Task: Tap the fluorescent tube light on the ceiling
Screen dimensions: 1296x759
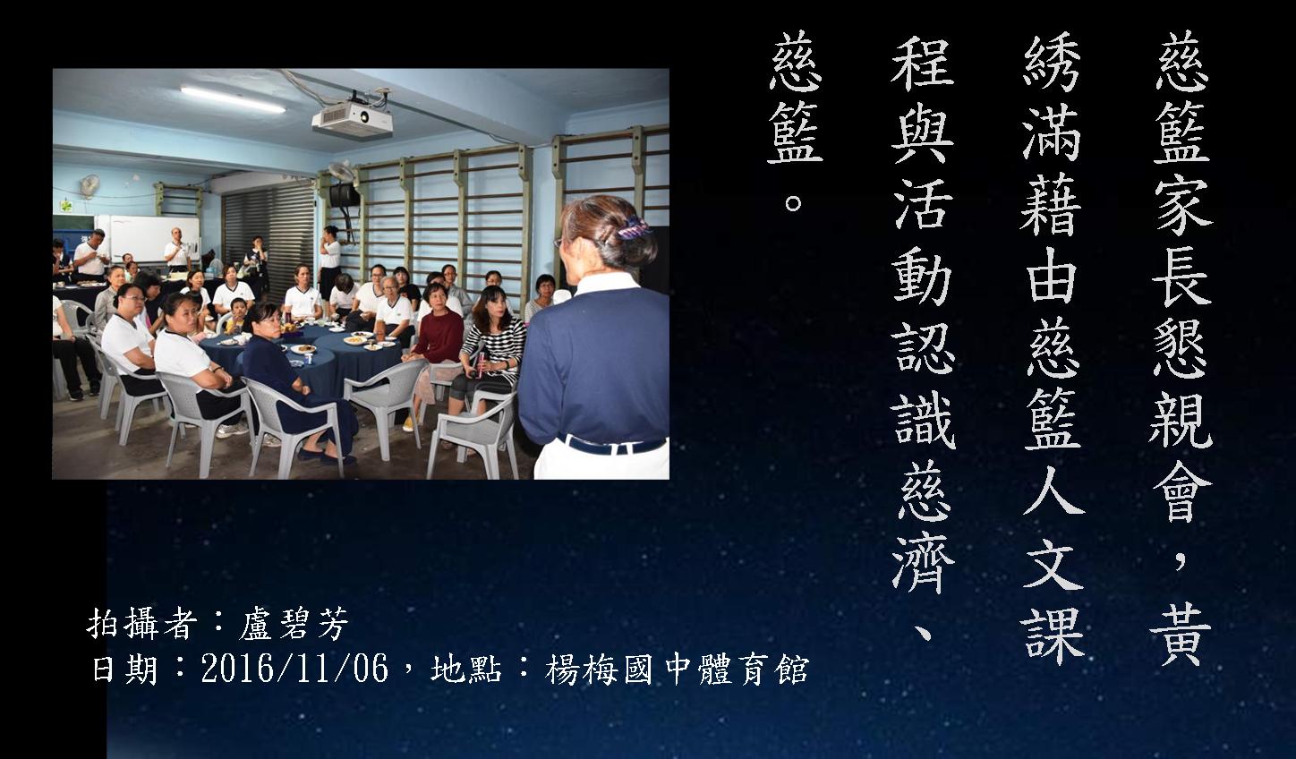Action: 233,99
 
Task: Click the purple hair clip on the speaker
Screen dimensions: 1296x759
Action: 633,228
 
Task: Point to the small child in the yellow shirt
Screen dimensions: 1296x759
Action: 235,316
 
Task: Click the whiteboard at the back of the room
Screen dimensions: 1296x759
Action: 149,238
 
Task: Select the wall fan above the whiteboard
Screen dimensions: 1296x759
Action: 90,185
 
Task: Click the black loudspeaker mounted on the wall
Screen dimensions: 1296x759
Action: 345,195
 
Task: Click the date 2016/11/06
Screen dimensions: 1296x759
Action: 294,669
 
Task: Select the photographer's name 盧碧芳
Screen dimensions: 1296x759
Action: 294,625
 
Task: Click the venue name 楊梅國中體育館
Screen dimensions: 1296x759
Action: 677,669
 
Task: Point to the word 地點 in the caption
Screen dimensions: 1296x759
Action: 465,669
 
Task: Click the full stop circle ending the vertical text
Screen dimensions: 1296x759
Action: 793,202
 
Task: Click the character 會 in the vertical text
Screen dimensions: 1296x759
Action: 1181,489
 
